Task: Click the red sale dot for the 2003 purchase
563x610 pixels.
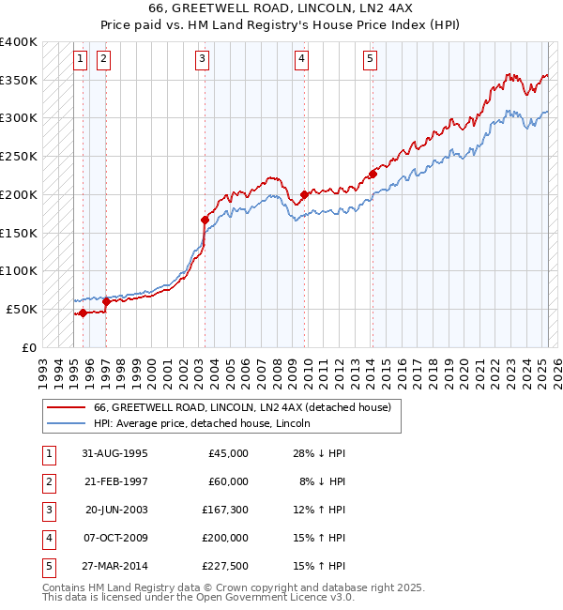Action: tap(205, 220)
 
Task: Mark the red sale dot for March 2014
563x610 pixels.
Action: tap(373, 174)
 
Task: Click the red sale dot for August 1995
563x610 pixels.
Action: tap(83, 313)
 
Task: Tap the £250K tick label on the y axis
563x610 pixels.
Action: tap(19, 156)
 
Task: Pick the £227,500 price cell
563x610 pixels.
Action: tap(225, 566)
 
